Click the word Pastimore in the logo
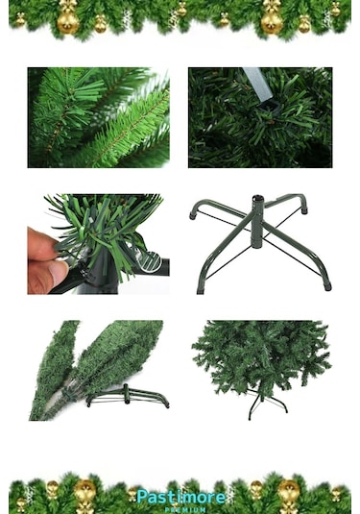[x=181, y=496]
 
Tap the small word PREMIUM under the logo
[x=181, y=509]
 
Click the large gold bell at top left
[x=68, y=19]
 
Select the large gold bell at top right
[x=273, y=19]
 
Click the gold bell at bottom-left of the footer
[x=84, y=492]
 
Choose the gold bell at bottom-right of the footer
[x=289, y=492]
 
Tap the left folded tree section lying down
[x=55, y=370]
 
